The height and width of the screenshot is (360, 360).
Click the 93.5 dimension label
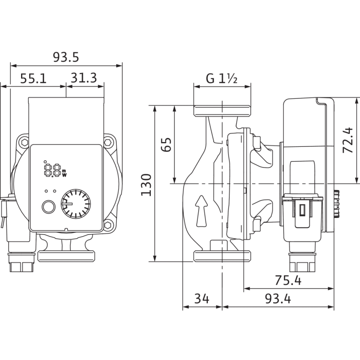[66, 57]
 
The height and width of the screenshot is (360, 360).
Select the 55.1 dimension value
[33, 78]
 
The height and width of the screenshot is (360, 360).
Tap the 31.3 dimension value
[84, 78]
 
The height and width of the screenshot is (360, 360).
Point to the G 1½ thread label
[222, 78]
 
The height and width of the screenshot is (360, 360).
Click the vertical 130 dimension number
[146, 185]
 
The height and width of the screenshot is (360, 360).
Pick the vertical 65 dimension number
[166, 144]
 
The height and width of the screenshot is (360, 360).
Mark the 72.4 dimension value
[348, 140]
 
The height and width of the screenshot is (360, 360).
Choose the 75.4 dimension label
[288, 280]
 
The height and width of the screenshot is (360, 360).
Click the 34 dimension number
[202, 299]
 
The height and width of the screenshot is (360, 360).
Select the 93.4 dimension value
[278, 299]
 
